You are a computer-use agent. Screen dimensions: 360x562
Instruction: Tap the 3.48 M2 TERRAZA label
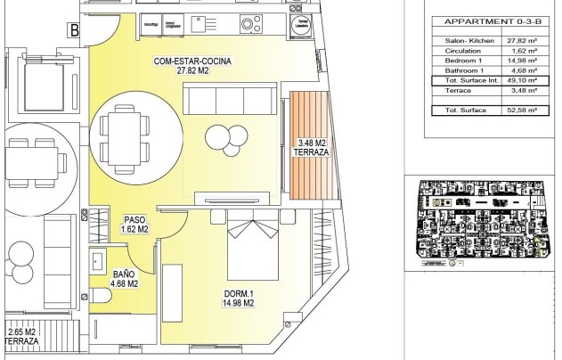tap(311, 147)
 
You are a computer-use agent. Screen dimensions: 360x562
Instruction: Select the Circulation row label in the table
tap(452, 51)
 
